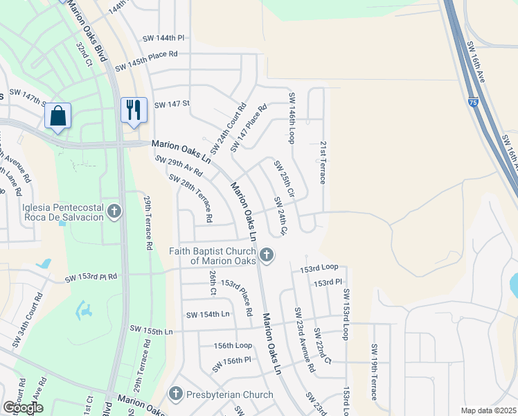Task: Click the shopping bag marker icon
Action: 58,116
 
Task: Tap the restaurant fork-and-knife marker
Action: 132,110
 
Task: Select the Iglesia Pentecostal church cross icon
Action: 116,209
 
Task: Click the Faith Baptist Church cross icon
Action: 265,257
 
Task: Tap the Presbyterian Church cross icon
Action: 175,395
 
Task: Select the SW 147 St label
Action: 172,104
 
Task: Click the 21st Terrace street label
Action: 323,163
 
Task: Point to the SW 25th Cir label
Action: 284,178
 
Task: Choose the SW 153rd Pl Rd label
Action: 91,277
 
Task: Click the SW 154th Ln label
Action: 207,314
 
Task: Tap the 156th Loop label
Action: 233,345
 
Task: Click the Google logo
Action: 23,407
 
